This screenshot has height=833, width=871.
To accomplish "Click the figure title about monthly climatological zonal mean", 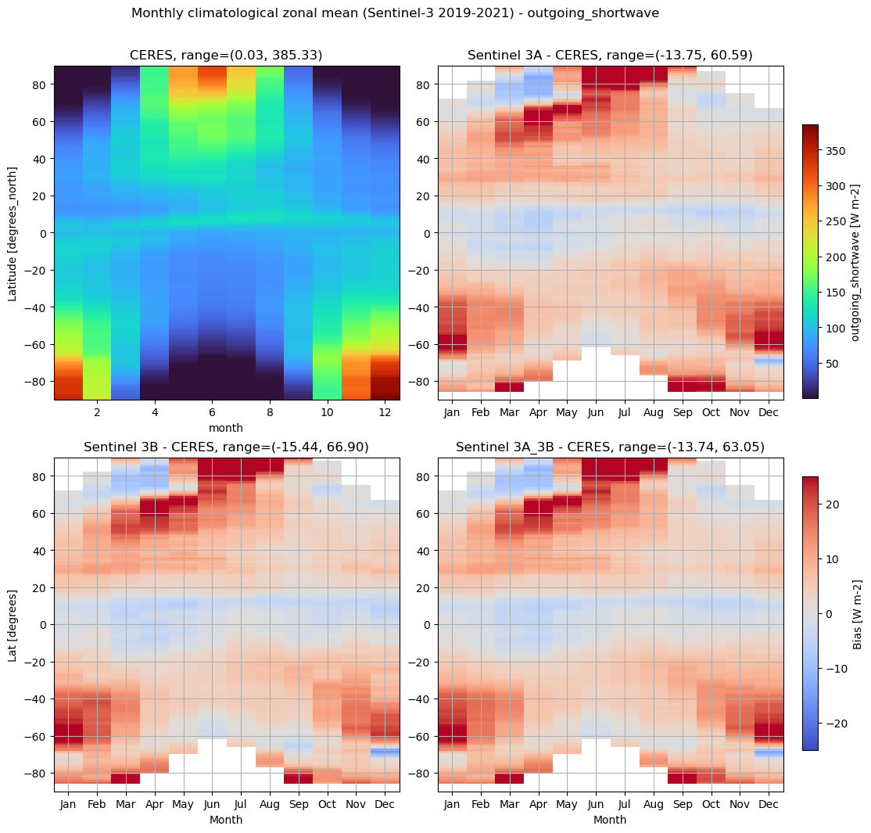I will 395,13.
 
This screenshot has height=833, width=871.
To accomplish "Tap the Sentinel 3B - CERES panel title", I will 226,447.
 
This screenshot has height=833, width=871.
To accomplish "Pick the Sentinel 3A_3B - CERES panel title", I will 610,447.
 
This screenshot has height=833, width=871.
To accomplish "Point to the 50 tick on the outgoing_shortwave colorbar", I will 832,364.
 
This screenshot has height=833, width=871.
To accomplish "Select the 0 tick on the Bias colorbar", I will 829,614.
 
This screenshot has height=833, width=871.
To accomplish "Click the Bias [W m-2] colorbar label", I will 857,614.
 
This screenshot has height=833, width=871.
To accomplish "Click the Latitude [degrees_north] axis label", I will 13,233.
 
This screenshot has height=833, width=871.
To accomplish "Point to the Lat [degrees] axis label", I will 13,624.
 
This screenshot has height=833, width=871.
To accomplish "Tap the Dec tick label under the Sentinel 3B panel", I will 385,803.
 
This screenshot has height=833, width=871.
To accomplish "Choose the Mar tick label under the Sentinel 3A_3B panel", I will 509,803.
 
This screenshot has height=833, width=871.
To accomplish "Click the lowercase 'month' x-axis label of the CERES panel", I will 227,428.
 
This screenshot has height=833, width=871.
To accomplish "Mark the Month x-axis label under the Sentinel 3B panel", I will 226,820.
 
